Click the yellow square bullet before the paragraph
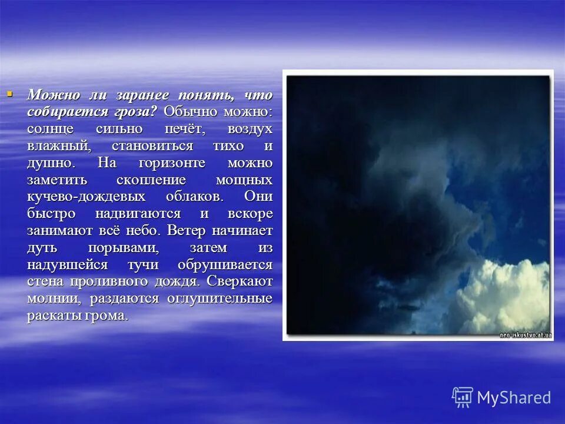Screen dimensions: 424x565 (9, 93)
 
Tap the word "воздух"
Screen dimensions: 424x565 (250, 128)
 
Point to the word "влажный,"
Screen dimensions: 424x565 (58, 145)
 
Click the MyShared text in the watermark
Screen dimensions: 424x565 (513, 397)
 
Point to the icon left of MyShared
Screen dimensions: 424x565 (463, 397)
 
